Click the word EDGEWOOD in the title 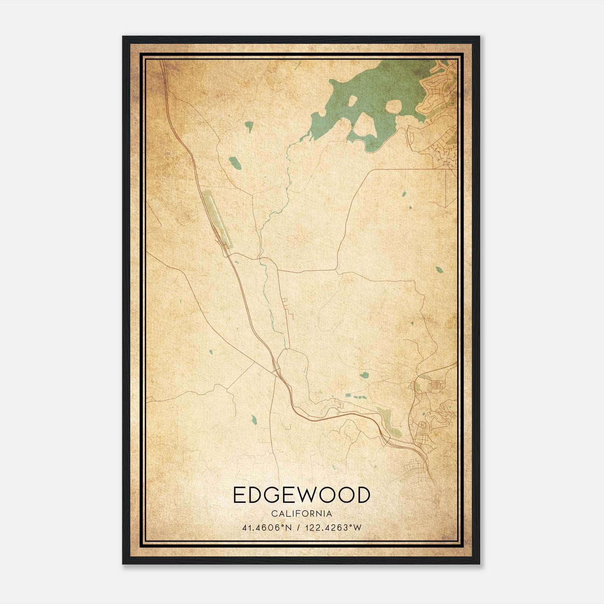(x=301, y=495)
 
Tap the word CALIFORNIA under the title (x=301, y=514)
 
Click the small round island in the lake (x=393, y=107)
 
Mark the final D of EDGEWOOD (x=363, y=495)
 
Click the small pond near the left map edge (x=211, y=352)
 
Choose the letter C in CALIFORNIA (x=273, y=514)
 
